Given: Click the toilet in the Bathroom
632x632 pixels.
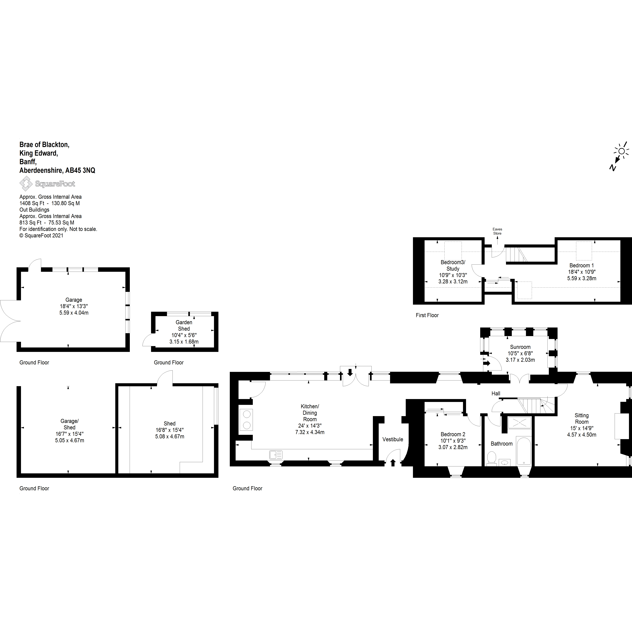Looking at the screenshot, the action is tap(491, 458).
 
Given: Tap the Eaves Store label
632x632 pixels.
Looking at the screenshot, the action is tap(497, 231).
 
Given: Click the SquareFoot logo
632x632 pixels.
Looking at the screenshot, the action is tap(47, 184).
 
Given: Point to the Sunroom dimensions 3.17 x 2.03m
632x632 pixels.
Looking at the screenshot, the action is tap(520, 360).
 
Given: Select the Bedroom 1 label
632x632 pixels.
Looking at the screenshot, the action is tap(582, 265).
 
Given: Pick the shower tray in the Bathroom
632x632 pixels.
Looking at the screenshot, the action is tap(520, 423).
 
